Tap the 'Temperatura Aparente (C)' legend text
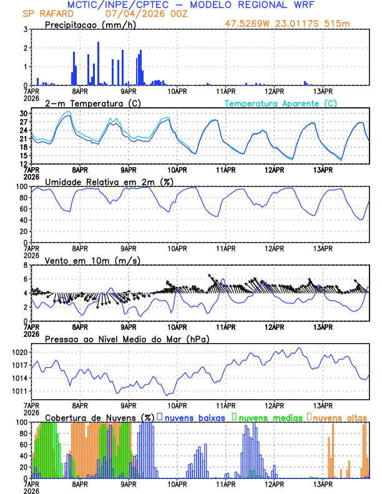tap(281, 103)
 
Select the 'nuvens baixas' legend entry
tap(190, 417)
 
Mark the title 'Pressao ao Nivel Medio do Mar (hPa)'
tap(127, 339)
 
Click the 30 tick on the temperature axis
tap(23, 114)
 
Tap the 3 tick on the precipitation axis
tap(26, 29)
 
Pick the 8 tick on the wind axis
tap(26, 265)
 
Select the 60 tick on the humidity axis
tap(23, 209)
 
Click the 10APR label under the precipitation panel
tap(177, 90)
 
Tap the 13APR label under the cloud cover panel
tap(322, 483)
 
